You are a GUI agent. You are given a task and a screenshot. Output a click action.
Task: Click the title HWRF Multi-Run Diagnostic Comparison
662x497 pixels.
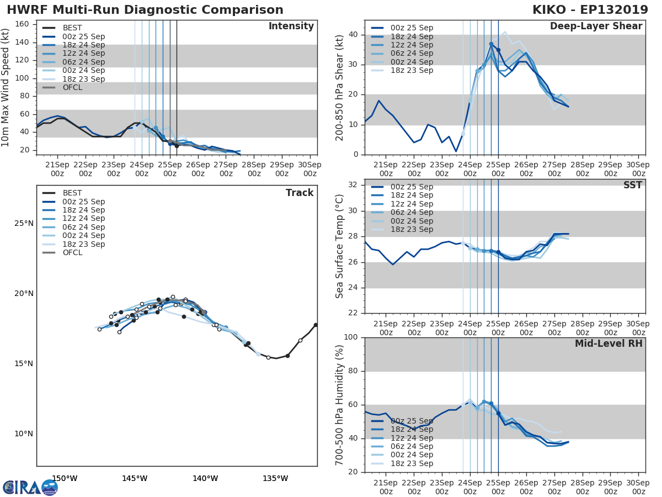tap(145, 10)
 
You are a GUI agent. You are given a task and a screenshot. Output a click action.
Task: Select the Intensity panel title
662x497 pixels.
tap(291, 27)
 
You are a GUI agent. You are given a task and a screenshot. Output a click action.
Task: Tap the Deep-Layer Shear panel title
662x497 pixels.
tap(596, 27)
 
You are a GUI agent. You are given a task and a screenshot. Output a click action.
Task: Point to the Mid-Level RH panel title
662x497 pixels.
tap(608, 343)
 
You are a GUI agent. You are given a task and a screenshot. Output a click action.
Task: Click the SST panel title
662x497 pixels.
tap(633, 185)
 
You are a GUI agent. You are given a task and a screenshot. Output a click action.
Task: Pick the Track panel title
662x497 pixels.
tap(300, 193)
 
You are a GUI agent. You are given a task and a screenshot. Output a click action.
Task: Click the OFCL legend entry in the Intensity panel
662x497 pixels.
tap(72, 87)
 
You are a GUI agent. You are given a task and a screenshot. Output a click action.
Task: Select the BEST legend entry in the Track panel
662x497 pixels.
tap(72, 193)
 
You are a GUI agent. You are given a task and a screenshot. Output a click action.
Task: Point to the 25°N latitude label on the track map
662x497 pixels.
tap(24, 224)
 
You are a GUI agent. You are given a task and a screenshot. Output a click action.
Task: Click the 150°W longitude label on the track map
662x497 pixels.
tap(65, 479)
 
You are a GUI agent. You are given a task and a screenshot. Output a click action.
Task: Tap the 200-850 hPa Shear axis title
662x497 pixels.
tap(340, 87)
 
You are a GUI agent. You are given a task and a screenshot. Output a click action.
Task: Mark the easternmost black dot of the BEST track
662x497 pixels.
tap(316, 325)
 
